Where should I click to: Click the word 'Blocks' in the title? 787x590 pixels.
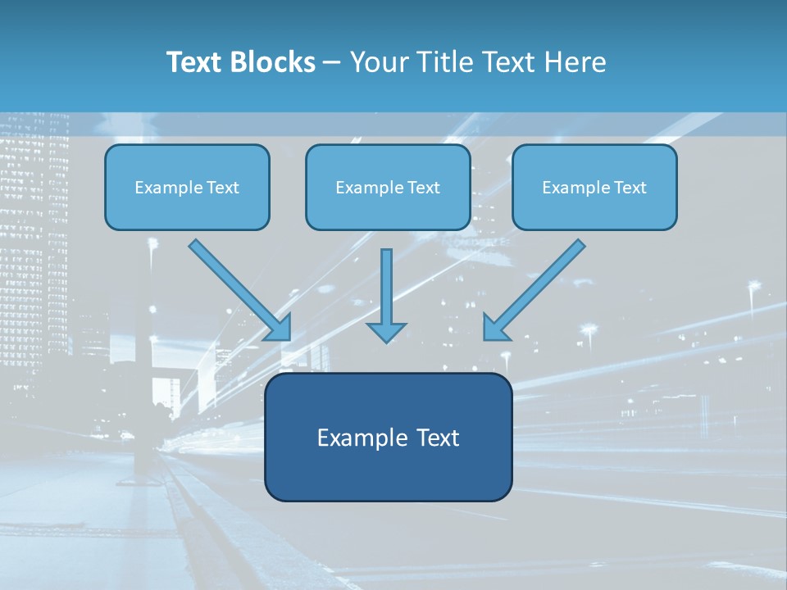click(273, 62)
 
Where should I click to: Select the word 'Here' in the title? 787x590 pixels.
click(575, 62)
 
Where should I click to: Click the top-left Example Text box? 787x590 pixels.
click(187, 187)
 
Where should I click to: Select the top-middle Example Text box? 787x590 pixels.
click(388, 187)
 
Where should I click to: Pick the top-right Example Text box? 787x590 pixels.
click(594, 187)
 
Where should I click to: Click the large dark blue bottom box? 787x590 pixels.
click(389, 437)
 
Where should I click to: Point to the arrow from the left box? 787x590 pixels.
click(238, 287)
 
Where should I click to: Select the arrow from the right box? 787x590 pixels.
click(537, 287)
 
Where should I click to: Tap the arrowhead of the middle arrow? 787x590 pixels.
click(386, 331)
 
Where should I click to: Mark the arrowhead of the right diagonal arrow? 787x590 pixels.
click(494, 328)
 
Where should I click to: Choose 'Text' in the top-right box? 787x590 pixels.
click(630, 188)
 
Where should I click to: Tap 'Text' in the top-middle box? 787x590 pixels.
click(423, 188)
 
